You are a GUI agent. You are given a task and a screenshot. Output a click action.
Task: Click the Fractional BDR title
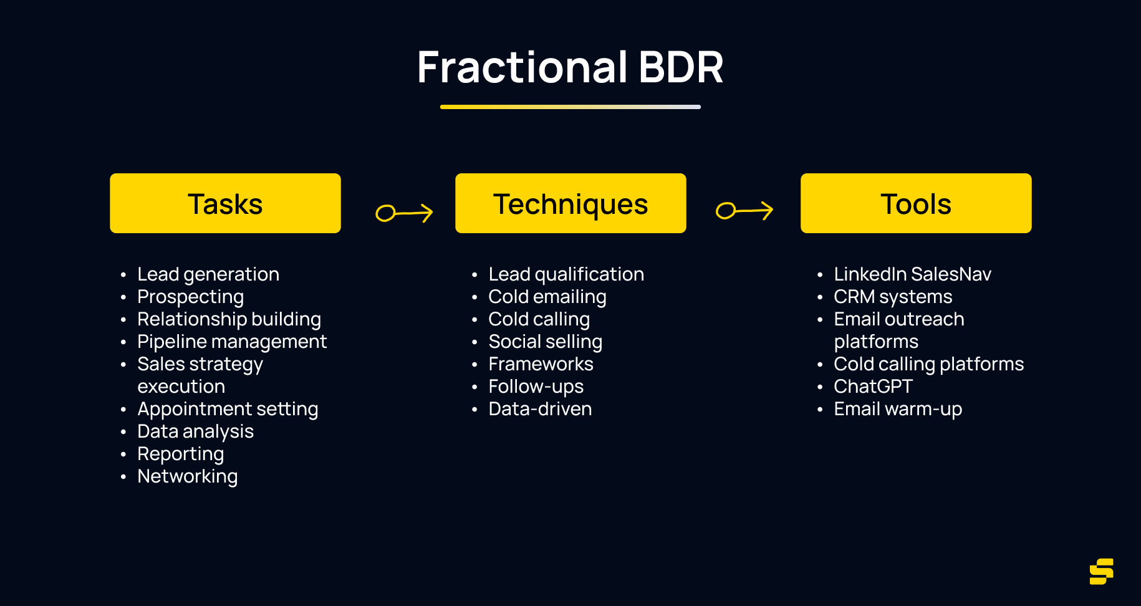[x=570, y=67]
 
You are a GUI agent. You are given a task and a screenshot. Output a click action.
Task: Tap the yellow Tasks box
[x=225, y=203]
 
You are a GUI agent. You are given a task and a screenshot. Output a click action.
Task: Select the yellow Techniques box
[x=570, y=203]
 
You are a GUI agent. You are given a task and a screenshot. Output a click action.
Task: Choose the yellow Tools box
[x=916, y=203]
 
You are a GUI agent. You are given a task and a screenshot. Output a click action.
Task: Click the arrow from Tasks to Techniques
[x=404, y=213]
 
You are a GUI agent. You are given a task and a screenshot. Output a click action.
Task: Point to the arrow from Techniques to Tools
[x=744, y=211]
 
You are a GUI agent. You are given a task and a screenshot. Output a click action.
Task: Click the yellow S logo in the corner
[x=1101, y=571]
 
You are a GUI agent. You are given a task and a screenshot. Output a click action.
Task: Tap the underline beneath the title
[x=570, y=107]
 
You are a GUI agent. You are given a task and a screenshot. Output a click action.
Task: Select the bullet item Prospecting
[x=190, y=297]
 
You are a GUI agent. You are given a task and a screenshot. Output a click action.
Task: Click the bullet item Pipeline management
[x=231, y=342]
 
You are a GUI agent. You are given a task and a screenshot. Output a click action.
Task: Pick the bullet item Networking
[x=187, y=476]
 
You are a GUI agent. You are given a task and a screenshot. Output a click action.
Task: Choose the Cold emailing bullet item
[x=547, y=297]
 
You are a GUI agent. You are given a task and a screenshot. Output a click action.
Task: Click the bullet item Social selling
[x=545, y=342]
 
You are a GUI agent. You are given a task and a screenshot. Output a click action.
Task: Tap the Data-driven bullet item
[x=540, y=409]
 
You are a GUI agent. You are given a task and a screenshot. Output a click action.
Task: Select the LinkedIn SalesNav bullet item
[x=912, y=274]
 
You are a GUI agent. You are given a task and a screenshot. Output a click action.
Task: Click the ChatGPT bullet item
[x=873, y=387]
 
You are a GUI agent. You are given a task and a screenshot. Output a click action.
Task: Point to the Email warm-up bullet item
[x=898, y=409]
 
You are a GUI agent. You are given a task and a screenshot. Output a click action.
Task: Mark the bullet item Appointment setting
[x=228, y=409]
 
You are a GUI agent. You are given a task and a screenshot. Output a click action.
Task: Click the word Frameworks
[x=541, y=364]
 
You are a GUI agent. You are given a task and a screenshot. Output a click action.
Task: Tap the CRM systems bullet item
[x=893, y=297]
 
